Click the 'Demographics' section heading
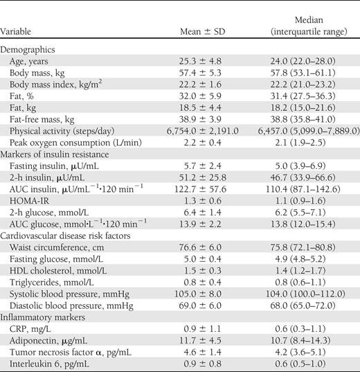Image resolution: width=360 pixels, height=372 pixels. point(30,51)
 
